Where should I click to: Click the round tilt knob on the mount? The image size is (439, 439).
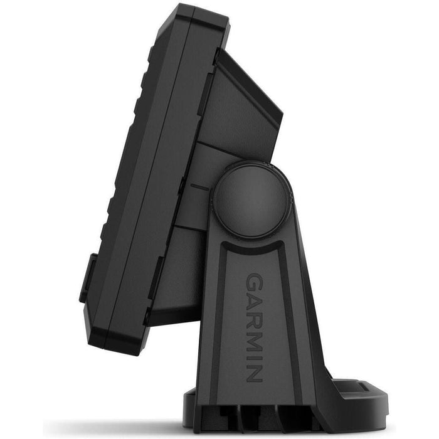pos(251,201)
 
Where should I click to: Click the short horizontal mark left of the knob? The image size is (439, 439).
pos(199,186)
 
